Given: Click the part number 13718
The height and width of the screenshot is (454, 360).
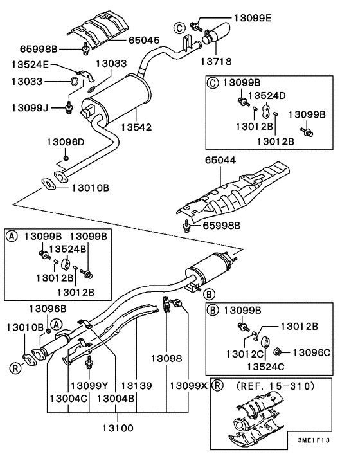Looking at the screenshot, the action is [x=216, y=61].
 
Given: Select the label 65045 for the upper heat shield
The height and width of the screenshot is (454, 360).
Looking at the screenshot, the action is [x=144, y=41].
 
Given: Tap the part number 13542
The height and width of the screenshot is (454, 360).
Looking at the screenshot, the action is [x=136, y=127].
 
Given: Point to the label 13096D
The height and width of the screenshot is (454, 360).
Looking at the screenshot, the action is [x=66, y=142].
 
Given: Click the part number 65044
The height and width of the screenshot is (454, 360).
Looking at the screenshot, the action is [x=221, y=160].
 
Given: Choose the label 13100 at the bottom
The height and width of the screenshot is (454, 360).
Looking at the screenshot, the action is [x=118, y=428].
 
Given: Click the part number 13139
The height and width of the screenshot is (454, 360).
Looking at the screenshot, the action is [x=136, y=386].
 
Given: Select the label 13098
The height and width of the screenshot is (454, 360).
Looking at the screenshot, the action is [x=166, y=359].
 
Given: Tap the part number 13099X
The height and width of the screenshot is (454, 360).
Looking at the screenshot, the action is [x=189, y=386].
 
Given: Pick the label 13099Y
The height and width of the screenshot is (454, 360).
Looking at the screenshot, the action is [x=89, y=386].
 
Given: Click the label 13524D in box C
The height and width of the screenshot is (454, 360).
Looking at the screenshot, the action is [x=267, y=95].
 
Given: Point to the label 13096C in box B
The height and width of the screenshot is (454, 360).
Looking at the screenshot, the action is [x=311, y=352].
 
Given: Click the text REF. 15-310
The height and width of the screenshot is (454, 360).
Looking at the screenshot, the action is [x=275, y=386].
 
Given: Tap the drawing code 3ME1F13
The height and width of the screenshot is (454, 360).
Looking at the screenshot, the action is [x=314, y=440].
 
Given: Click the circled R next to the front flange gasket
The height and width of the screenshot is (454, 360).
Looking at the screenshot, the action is [x=15, y=368].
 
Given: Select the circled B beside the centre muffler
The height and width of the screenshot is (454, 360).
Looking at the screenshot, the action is [x=209, y=295].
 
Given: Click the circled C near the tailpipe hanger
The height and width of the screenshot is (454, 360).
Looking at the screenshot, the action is [x=179, y=28].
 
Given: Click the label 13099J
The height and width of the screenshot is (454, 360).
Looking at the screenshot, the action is [x=30, y=108].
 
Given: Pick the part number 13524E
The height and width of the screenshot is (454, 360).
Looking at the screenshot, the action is [x=30, y=64].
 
